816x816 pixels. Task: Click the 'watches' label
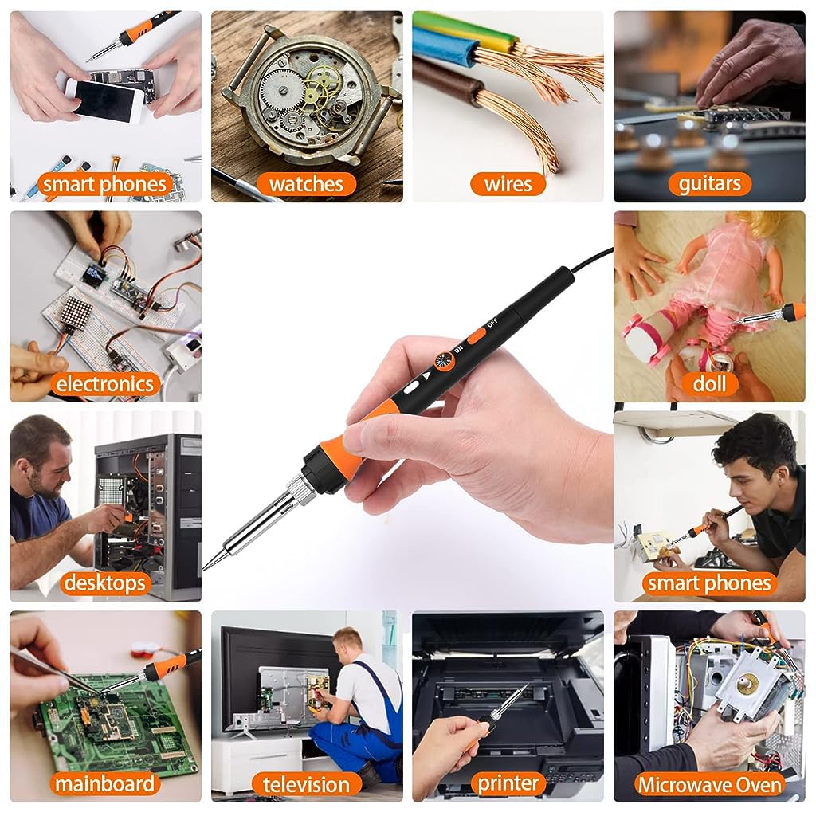tap(306, 184)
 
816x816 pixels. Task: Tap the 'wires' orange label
tap(508, 184)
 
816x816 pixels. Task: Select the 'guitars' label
tap(709, 184)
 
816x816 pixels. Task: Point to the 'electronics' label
tap(104, 384)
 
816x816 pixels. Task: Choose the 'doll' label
tap(709, 384)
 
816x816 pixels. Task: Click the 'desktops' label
tap(104, 583)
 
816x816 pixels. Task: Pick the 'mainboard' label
tap(104, 784)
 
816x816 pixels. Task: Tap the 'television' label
tap(306, 784)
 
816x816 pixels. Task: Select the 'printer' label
tap(508, 784)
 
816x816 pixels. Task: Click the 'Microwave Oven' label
tap(709, 784)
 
